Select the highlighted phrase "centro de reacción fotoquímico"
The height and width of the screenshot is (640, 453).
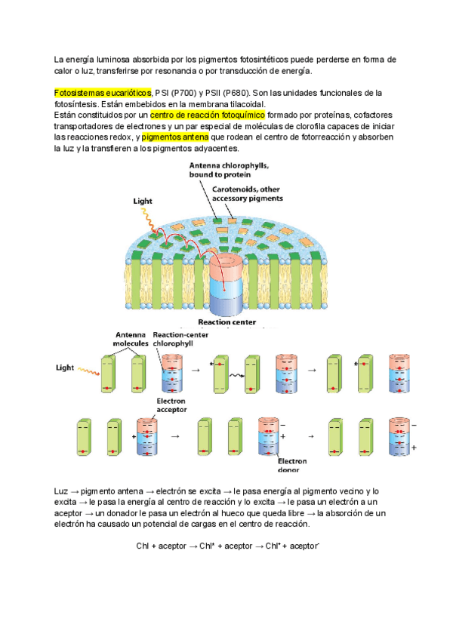coord(201,115)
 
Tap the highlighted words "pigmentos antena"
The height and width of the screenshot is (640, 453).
coord(175,138)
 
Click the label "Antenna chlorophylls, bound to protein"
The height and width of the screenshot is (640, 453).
coord(230,169)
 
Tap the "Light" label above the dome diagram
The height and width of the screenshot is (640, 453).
coord(143,202)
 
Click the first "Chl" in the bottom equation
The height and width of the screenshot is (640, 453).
coord(143,545)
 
